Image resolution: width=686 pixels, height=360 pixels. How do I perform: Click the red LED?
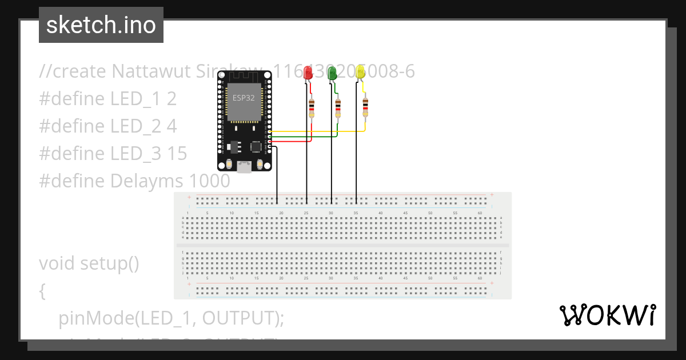(x=308, y=73)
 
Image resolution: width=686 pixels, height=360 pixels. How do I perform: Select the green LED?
(x=333, y=73)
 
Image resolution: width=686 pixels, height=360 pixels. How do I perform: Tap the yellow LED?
(x=360, y=72)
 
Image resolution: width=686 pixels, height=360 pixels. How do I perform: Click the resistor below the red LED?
(x=311, y=108)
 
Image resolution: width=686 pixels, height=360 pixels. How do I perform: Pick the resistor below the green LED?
(x=338, y=107)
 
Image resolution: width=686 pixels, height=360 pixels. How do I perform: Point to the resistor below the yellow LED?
(x=365, y=107)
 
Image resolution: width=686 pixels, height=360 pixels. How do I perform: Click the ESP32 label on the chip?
(x=243, y=98)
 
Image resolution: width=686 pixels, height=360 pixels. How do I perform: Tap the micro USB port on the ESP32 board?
(x=244, y=167)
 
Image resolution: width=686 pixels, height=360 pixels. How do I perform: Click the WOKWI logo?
(x=607, y=315)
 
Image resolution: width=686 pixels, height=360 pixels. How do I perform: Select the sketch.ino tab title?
(x=101, y=25)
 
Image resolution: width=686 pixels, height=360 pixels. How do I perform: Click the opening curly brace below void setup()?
(x=42, y=291)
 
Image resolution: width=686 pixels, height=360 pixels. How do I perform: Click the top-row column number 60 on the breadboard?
(x=480, y=213)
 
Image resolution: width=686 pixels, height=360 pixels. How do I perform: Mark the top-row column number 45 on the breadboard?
(x=405, y=213)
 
